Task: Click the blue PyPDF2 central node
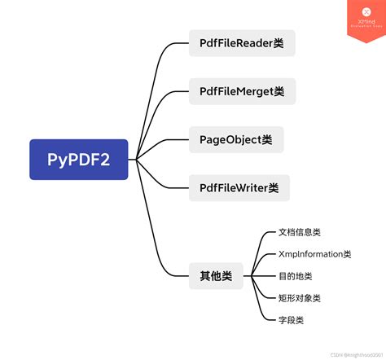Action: tap(78, 160)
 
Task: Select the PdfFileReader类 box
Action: tap(241, 42)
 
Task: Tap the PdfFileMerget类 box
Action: tap(242, 90)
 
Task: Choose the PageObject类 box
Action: tap(236, 139)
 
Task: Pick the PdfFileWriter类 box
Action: tap(239, 187)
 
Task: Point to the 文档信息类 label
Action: tap(300, 232)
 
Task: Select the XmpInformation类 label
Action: tap(314, 254)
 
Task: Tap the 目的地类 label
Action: tap(295, 276)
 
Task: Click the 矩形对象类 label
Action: tap(300, 298)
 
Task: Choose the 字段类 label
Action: tap(291, 320)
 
